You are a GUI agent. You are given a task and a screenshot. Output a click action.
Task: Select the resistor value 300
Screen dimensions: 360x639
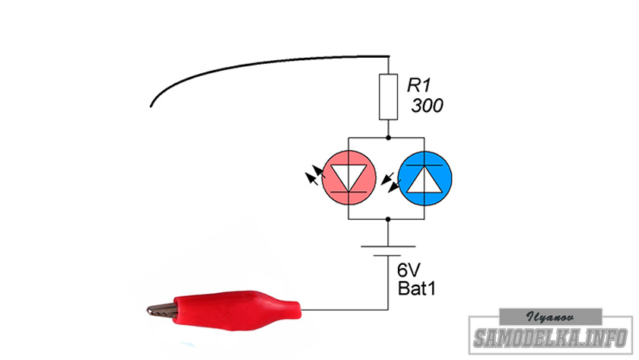(427, 106)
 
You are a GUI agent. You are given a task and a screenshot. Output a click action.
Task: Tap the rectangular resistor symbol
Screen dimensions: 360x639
(389, 97)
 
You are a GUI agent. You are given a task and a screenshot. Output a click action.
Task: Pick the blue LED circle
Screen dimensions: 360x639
(426, 177)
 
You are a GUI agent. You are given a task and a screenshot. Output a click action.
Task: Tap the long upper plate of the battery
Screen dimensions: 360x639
(389, 247)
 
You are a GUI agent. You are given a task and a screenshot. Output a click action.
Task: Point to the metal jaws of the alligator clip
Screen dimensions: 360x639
(161, 310)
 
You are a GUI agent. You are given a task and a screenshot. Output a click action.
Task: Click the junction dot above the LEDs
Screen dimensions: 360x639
(389, 138)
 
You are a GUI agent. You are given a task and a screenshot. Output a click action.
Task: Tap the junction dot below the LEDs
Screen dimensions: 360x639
(389, 218)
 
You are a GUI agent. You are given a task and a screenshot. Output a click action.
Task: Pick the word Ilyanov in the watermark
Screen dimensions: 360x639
(551, 314)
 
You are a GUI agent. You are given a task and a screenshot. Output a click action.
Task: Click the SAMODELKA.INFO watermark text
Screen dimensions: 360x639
(551, 337)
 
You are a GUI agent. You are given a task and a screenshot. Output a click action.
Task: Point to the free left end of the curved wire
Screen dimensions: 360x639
(151, 105)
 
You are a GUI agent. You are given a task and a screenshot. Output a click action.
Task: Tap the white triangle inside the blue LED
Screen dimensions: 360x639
(426, 179)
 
